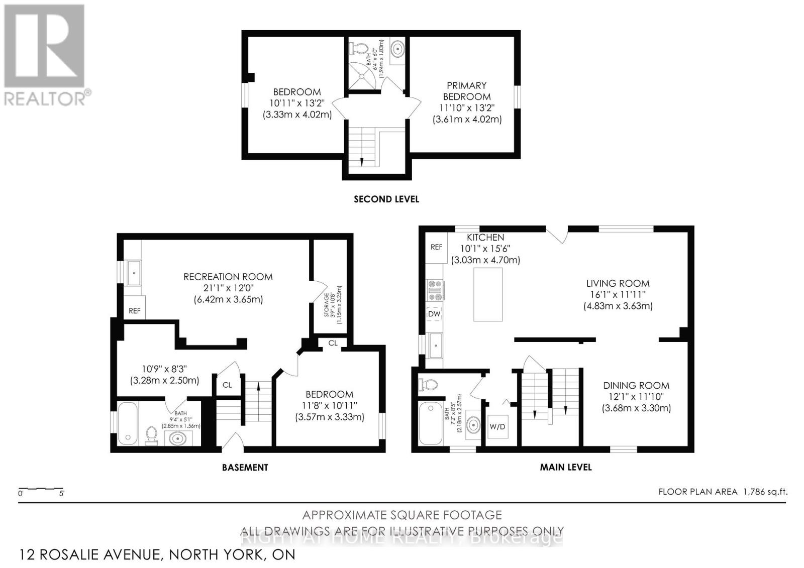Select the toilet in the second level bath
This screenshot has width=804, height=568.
359,49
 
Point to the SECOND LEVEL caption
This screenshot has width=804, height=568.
386,199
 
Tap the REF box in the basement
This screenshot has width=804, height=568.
135,310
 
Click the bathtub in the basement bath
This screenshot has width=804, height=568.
129,423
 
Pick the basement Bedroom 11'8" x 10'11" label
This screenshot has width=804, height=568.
330,405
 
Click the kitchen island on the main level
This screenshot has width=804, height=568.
488,294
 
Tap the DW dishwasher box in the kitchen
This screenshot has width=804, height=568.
434,314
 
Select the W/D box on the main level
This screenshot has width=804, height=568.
497,427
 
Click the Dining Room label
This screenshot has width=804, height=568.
636,396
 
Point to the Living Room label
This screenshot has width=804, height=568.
618,294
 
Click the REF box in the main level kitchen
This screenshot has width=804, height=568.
436,247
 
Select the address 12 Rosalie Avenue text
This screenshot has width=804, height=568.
157,554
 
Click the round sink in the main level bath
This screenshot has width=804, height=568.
473,424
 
